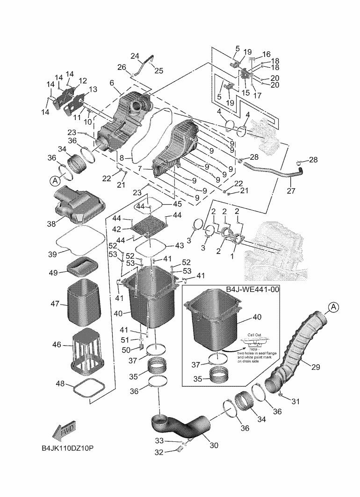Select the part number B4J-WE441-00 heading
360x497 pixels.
[252, 290]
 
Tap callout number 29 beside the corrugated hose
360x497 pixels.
[316, 367]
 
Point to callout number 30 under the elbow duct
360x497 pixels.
[214, 445]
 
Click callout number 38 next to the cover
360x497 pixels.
[51, 224]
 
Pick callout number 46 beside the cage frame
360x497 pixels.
[57, 345]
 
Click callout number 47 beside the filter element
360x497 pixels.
[56, 304]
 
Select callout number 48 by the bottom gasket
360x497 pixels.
[60, 383]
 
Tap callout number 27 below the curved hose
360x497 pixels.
[291, 191]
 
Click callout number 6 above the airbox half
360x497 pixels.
[112, 83]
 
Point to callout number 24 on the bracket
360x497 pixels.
[135, 57]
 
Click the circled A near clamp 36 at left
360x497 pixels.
[55, 179]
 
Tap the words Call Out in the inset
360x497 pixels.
[255, 335]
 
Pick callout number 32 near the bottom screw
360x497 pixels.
[159, 452]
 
